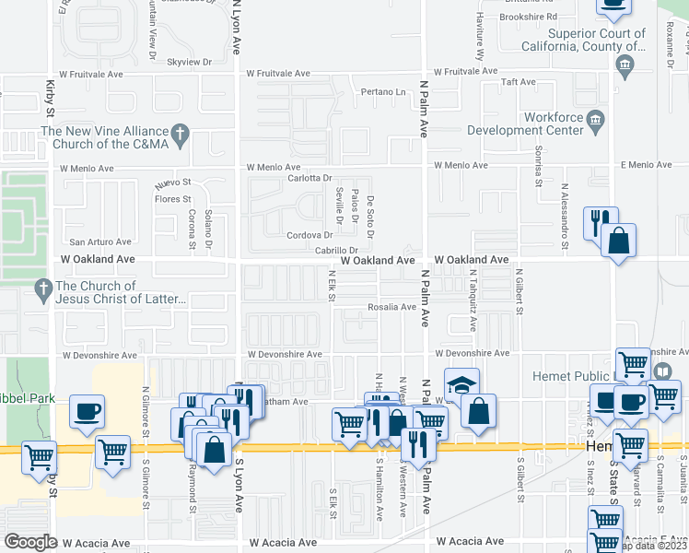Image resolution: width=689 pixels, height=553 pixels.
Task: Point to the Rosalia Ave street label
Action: pyautogui.click(x=392, y=307)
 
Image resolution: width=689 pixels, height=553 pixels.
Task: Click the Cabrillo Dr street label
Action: pyautogui.click(x=336, y=250)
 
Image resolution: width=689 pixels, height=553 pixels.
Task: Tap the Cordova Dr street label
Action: pyautogui.click(x=309, y=235)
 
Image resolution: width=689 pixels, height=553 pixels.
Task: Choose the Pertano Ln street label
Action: pyautogui.click(x=382, y=92)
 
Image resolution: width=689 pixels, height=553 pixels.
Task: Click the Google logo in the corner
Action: pyautogui.click(x=30, y=541)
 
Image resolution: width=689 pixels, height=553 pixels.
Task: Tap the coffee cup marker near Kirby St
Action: pyautogui.click(x=87, y=410)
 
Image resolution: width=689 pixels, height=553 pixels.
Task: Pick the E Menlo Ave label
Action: pyautogui.click(x=648, y=164)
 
